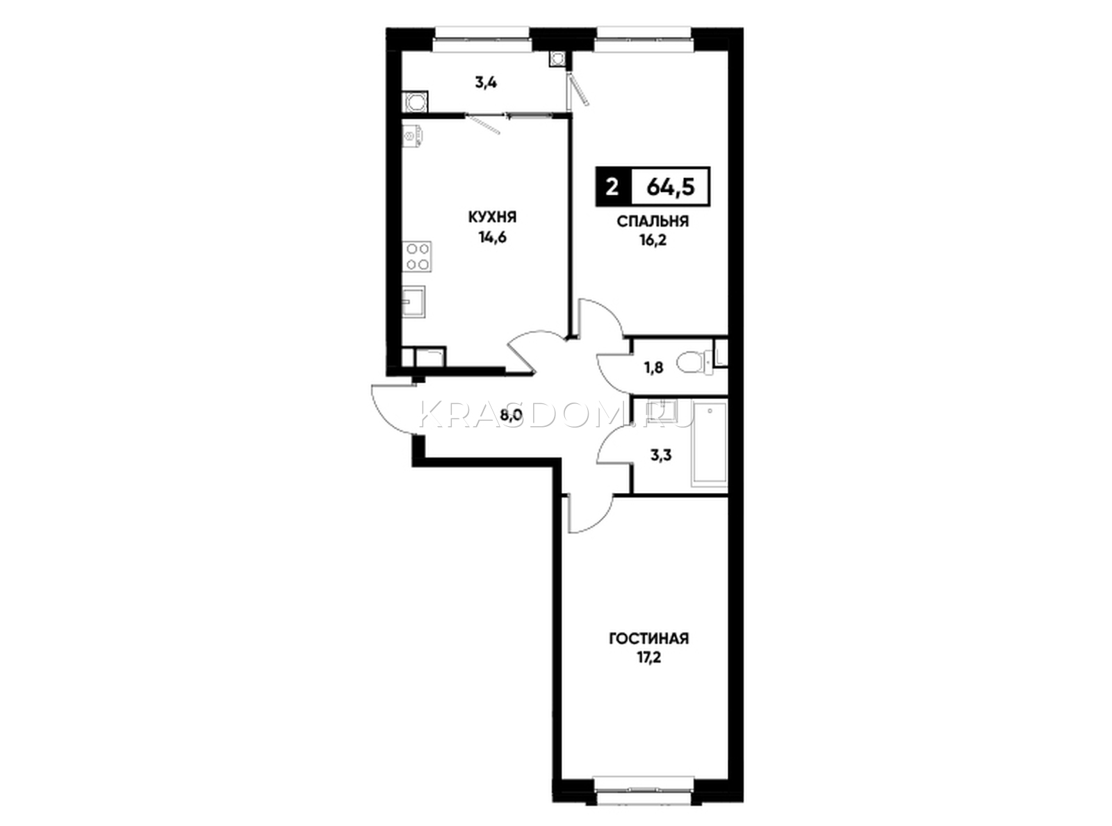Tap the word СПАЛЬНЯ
pos(653,222)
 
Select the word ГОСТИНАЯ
pos(648,638)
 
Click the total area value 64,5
pos(670,186)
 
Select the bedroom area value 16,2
pos(653,242)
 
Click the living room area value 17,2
pos(648,658)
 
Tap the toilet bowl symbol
pos(694,363)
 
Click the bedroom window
pos(644,39)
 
